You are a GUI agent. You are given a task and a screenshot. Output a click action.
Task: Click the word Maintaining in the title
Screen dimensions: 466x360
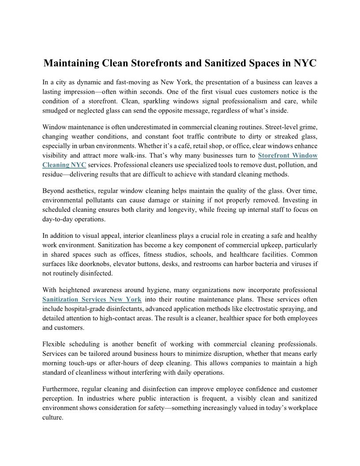[71, 63]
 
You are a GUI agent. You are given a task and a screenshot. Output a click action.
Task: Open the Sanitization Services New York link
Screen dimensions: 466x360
[92, 299]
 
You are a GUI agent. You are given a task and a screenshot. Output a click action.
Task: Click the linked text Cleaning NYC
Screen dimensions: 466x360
[64, 165]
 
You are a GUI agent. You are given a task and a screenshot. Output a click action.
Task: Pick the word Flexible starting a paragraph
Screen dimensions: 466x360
[56, 344]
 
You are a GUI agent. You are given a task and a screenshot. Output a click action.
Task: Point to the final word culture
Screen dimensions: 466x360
[52, 417]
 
